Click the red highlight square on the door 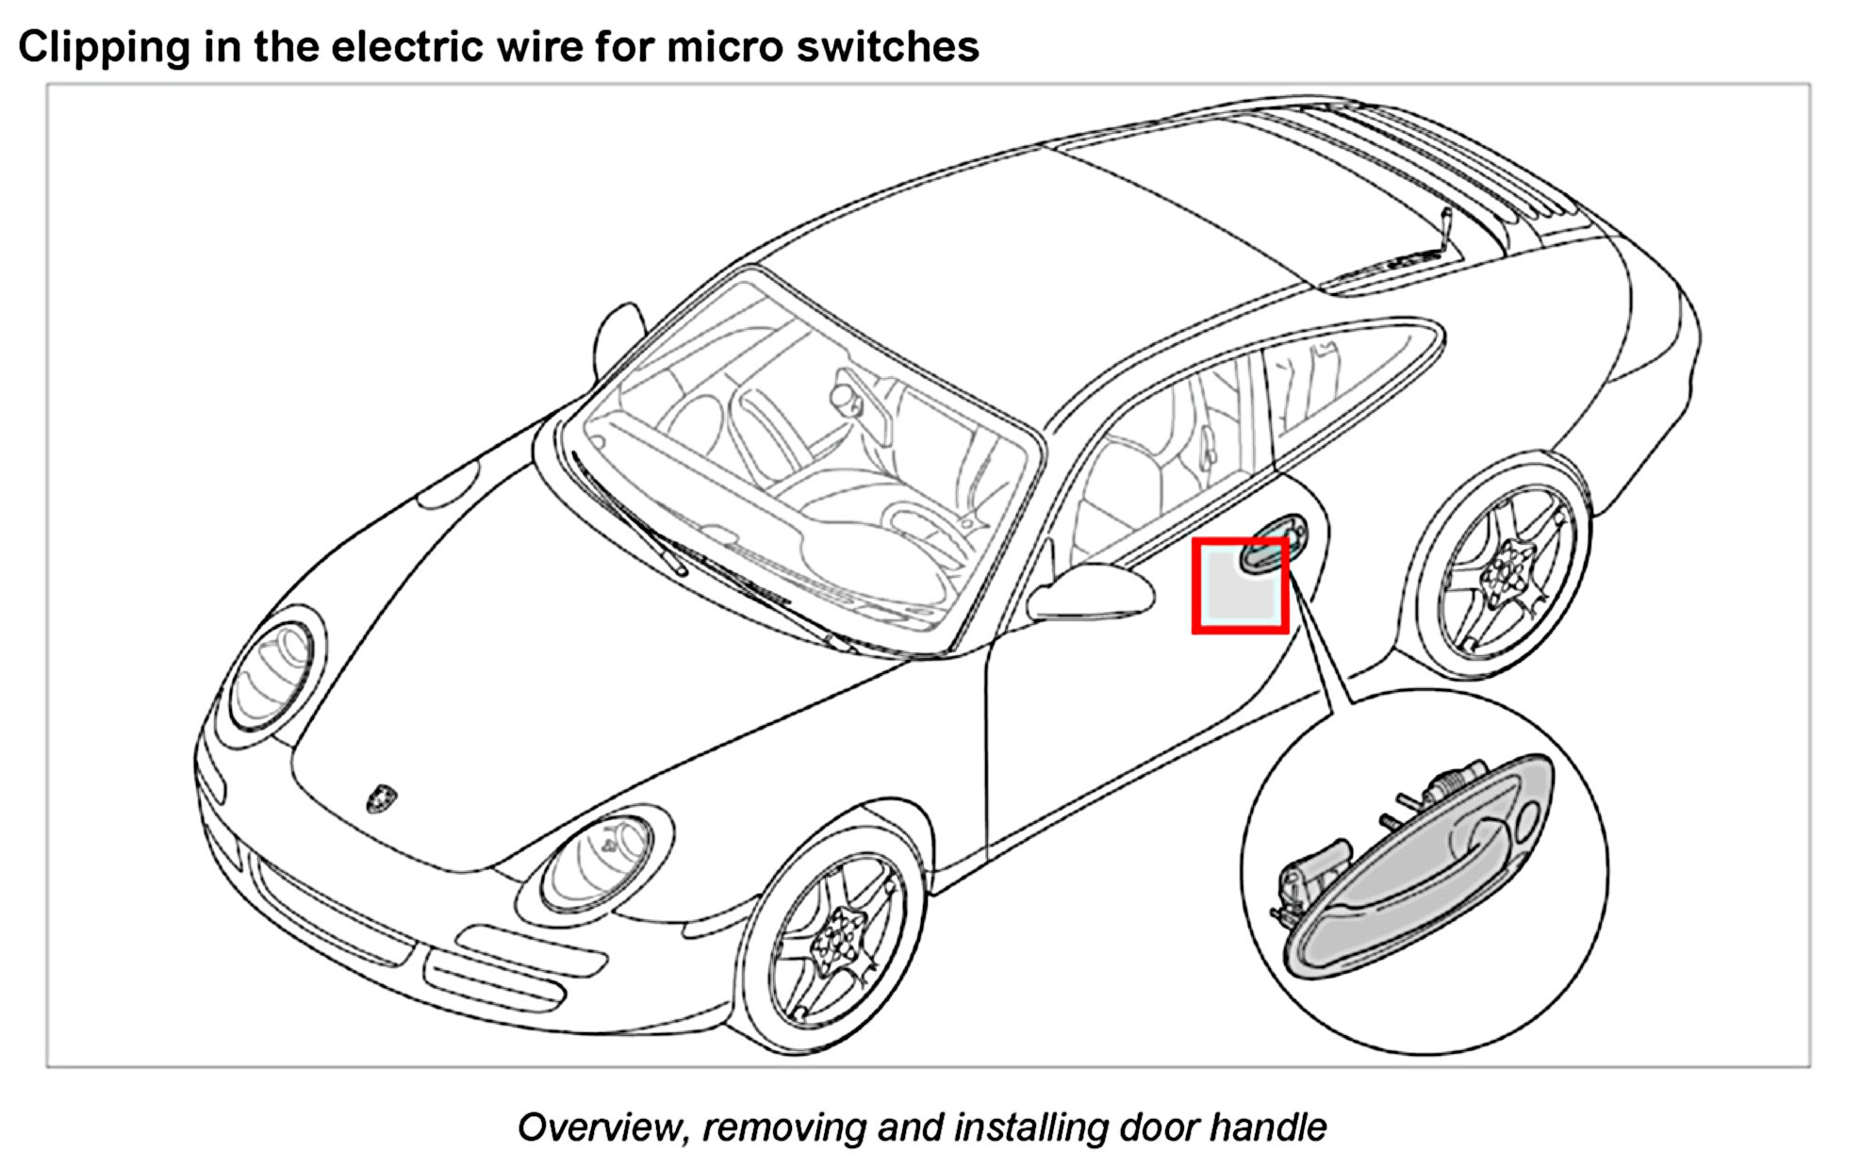pos(1240,585)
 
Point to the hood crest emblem pos(381,798)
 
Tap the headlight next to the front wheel pos(600,862)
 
